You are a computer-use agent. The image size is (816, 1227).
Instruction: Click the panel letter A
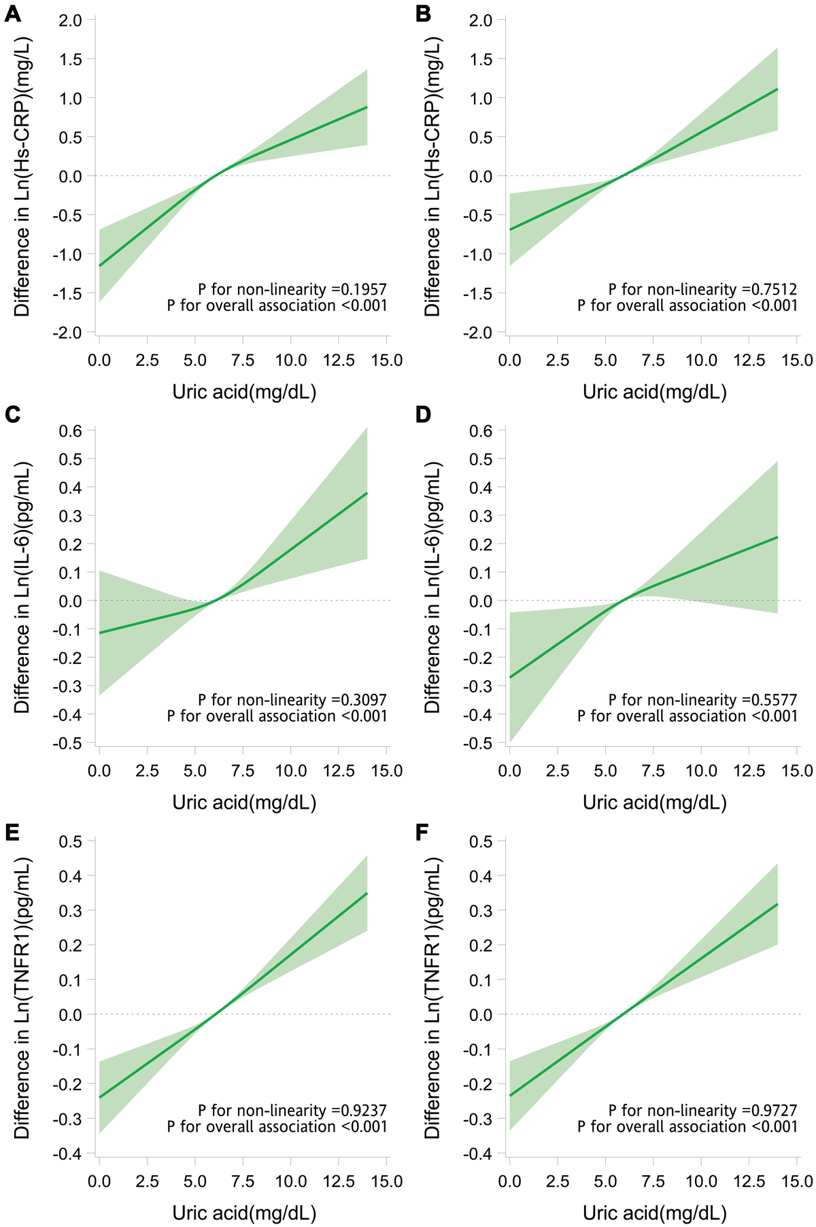(12, 13)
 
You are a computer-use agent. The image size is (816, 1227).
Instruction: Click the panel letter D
(424, 414)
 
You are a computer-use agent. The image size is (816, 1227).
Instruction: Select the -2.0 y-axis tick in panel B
(480, 333)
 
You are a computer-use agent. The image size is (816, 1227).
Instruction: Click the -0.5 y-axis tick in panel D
(480, 743)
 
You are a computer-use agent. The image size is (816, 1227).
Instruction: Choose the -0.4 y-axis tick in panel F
(480, 1154)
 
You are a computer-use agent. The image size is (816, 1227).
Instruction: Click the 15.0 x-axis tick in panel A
(387, 360)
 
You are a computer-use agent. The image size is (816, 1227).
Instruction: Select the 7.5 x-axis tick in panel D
(653, 771)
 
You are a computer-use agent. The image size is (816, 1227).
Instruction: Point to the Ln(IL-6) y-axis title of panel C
(22, 588)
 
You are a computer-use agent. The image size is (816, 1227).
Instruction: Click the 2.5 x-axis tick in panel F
(558, 1181)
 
